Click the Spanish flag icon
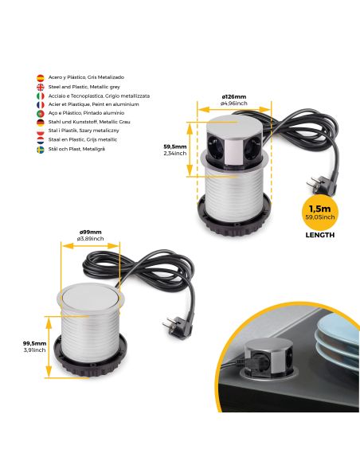tap(40, 77)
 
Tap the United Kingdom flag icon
tap(40, 86)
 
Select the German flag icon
tap(40, 122)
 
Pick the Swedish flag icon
tap(40, 149)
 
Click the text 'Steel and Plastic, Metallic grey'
tap(82, 86)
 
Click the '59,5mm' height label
tap(175, 147)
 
